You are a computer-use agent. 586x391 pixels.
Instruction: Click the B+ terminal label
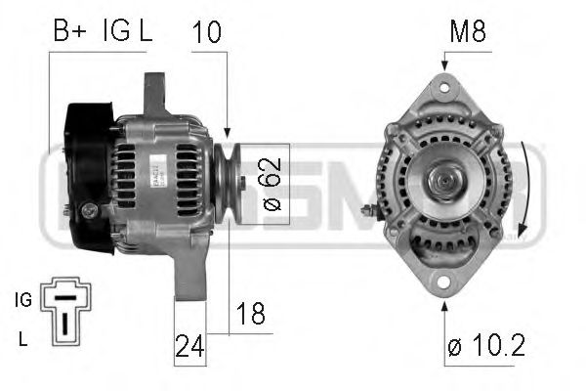(x=68, y=31)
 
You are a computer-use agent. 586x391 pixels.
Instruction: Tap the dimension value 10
(x=208, y=31)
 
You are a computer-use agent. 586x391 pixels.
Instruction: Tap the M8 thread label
(x=467, y=31)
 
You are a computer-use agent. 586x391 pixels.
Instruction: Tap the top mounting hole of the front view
(x=444, y=88)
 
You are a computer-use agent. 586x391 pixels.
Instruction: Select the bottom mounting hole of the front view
(x=444, y=283)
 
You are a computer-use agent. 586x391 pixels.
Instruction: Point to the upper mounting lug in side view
(x=155, y=93)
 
